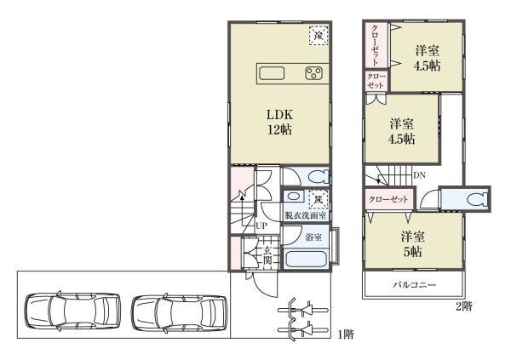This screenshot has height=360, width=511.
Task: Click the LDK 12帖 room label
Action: (x=278, y=122)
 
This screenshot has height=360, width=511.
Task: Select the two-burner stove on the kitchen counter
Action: (x=313, y=73)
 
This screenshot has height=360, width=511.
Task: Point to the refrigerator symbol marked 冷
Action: (x=317, y=36)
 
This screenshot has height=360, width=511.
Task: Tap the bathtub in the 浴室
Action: (x=306, y=260)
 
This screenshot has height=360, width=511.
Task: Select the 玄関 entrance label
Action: (x=267, y=254)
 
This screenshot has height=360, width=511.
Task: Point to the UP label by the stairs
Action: (x=261, y=226)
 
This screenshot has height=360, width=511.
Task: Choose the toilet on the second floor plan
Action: (x=474, y=198)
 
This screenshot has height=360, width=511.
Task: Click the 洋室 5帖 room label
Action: (x=415, y=244)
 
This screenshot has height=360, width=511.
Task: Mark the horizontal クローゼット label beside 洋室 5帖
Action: (x=388, y=198)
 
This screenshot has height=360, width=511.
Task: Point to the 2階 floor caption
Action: (x=462, y=305)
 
